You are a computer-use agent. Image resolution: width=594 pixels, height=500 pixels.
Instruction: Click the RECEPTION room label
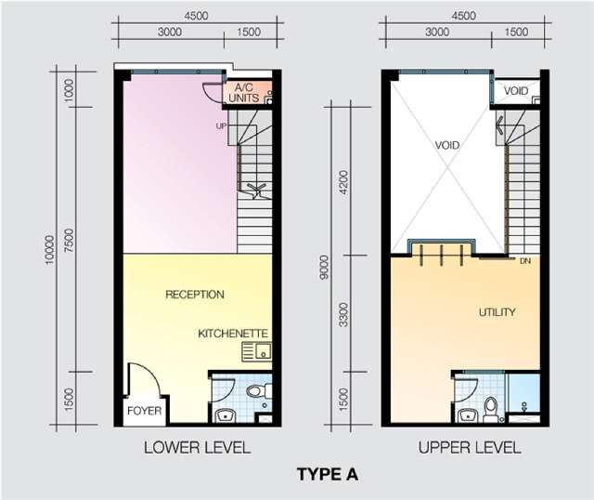(195, 295)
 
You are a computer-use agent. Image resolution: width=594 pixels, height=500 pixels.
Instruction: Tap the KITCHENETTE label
(233, 334)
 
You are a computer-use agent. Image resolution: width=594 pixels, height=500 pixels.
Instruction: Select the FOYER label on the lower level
(145, 411)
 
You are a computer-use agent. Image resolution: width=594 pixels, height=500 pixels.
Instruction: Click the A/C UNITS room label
(244, 93)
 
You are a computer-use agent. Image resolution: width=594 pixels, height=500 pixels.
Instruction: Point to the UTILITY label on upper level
(497, 312)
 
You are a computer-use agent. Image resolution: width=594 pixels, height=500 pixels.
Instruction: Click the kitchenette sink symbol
(256, 351)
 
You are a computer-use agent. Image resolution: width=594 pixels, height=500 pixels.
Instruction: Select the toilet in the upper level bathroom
(490, 409)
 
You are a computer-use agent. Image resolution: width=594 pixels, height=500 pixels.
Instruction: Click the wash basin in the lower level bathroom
(226, 415)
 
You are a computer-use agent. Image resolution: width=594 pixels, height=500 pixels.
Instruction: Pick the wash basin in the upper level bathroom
(468, 415)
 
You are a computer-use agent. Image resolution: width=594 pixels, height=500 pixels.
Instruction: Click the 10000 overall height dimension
(50, 250)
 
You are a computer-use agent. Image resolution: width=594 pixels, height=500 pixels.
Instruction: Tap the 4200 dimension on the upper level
(343, 182)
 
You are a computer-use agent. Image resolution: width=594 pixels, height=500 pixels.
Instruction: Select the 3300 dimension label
(343, 315)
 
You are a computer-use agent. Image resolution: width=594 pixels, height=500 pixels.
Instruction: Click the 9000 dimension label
(324, 268)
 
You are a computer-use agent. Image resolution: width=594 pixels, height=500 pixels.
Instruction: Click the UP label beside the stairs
(221, 126)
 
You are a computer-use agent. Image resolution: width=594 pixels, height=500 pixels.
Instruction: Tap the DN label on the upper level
(525, 261)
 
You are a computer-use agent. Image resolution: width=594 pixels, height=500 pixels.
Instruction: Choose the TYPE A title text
(328, 475)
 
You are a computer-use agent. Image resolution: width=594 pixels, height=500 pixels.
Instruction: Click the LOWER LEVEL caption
(198, 448)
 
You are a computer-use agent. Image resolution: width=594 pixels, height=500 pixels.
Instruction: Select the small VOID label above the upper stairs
(516, 91)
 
